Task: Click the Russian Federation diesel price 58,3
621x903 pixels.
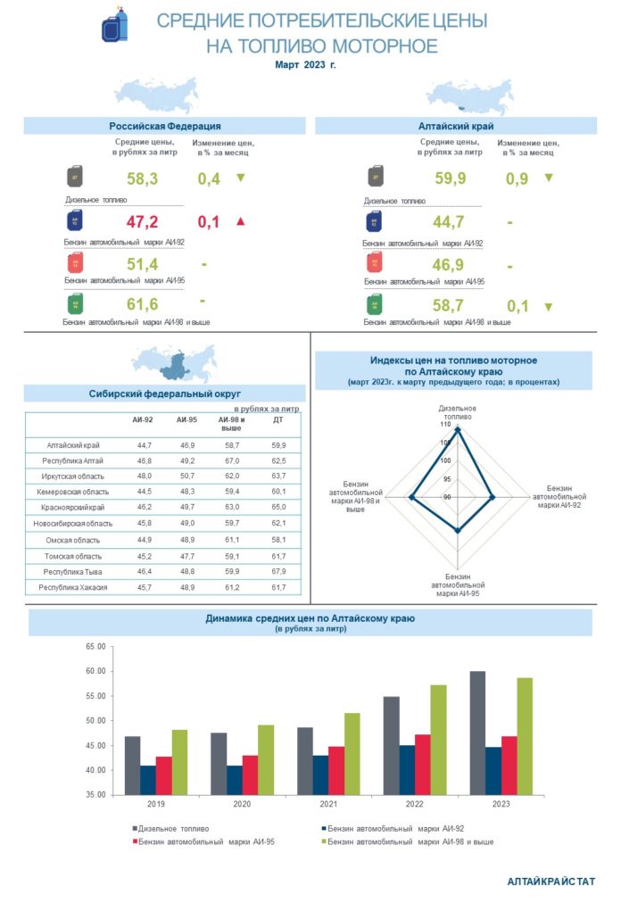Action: coord(142,179)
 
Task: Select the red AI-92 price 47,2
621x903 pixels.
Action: coord(142,222)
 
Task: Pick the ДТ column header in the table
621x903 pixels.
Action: coord(277,419)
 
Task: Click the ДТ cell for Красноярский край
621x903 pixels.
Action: coord(277,507)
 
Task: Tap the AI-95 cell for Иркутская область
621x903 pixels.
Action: coord(186,476)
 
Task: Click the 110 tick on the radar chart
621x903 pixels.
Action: coord(444,426)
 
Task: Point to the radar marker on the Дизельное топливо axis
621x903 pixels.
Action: coord(458,430)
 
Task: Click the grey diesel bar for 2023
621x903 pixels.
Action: coord(477,733)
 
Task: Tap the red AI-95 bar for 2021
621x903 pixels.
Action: coord(336,770)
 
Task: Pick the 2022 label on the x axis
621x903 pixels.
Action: coord(416,804)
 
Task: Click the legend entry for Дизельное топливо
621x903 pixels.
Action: coord(174,829)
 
